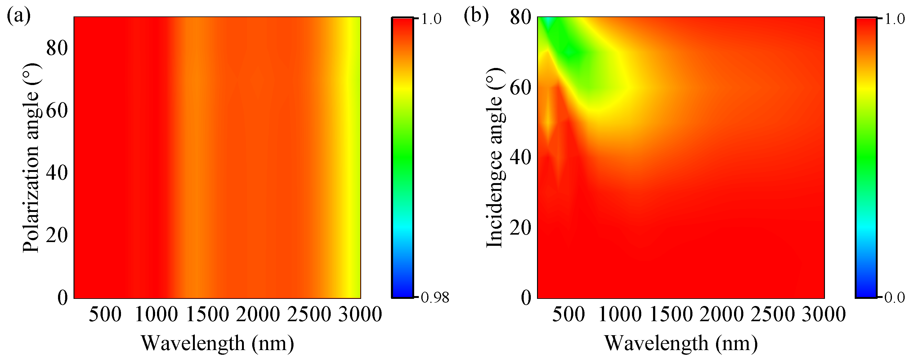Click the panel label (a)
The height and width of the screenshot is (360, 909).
point(18,16)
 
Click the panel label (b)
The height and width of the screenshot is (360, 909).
point(476,16)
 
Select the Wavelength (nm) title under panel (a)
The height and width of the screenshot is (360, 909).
point(217,343)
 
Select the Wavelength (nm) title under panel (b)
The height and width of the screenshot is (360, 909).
point(681,343)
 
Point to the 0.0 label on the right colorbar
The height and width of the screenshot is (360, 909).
point(894,298)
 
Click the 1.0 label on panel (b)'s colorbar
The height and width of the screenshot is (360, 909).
point(895,19)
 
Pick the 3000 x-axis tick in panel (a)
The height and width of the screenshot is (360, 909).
point(360,314)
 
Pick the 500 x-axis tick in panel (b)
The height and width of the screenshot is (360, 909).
point(568,314)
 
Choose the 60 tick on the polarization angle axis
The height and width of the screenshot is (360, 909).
point(57,110)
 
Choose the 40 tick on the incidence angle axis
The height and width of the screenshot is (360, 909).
point(521,157)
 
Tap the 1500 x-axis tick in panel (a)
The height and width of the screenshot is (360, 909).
point(207,314)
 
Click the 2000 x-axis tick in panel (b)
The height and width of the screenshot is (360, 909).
point(722,314)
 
